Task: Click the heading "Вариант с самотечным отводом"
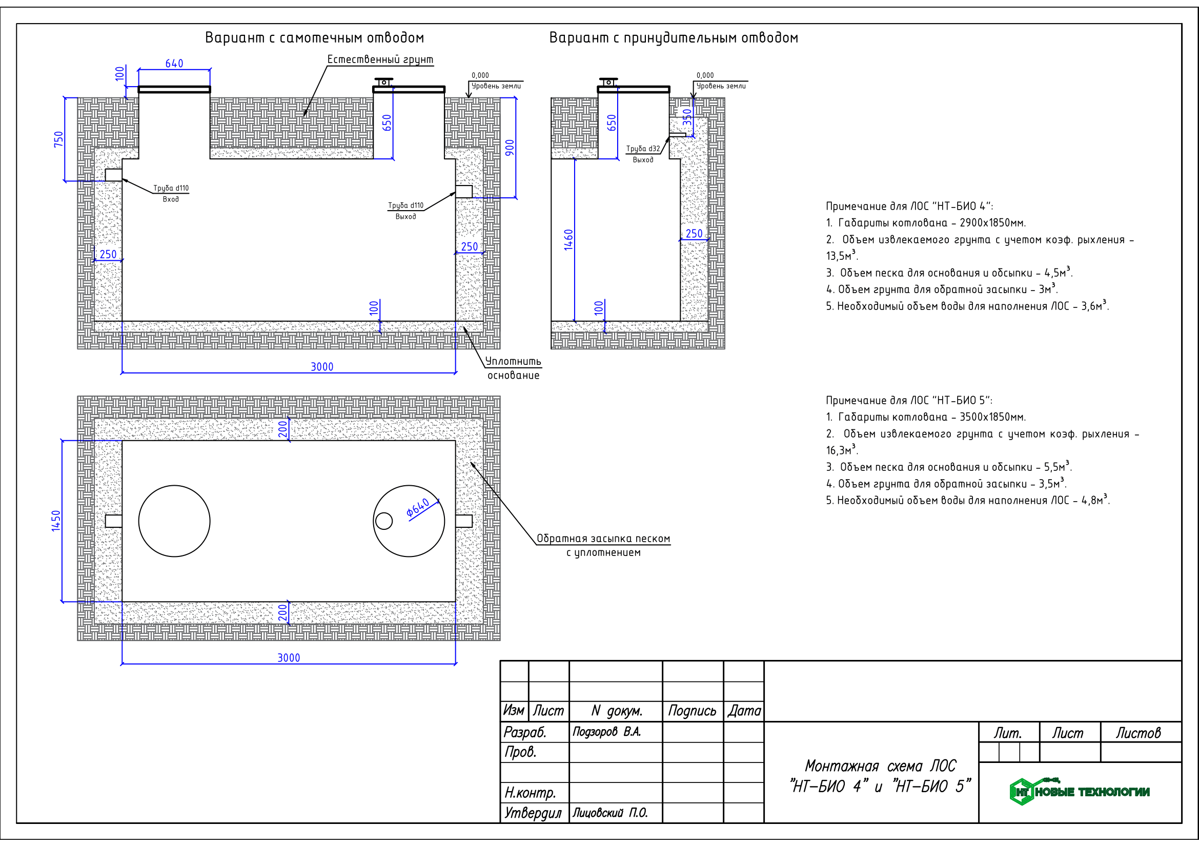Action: point(314,38)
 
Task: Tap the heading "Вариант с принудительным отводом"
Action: point(674,38)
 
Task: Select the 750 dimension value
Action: point(58,139)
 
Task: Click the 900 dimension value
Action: point(510,148)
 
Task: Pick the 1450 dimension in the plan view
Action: point(56,521)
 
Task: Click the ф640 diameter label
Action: point(418,508)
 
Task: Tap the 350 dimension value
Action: point(687,117)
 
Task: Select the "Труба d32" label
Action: point(643,149)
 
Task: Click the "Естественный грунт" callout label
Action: point(380,59)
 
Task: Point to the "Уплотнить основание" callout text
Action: point(513,368)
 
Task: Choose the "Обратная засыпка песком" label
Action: point(603,539)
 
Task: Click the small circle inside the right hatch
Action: point(384,521)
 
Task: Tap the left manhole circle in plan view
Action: point(174,485)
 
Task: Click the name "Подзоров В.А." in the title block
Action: point(607,732)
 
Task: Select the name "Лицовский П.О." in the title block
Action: point(610,813)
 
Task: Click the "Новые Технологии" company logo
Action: point(1080,792)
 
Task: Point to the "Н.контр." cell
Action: point(530,793)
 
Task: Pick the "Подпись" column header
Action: point(693,711)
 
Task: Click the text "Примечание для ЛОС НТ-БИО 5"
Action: point(909,400)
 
